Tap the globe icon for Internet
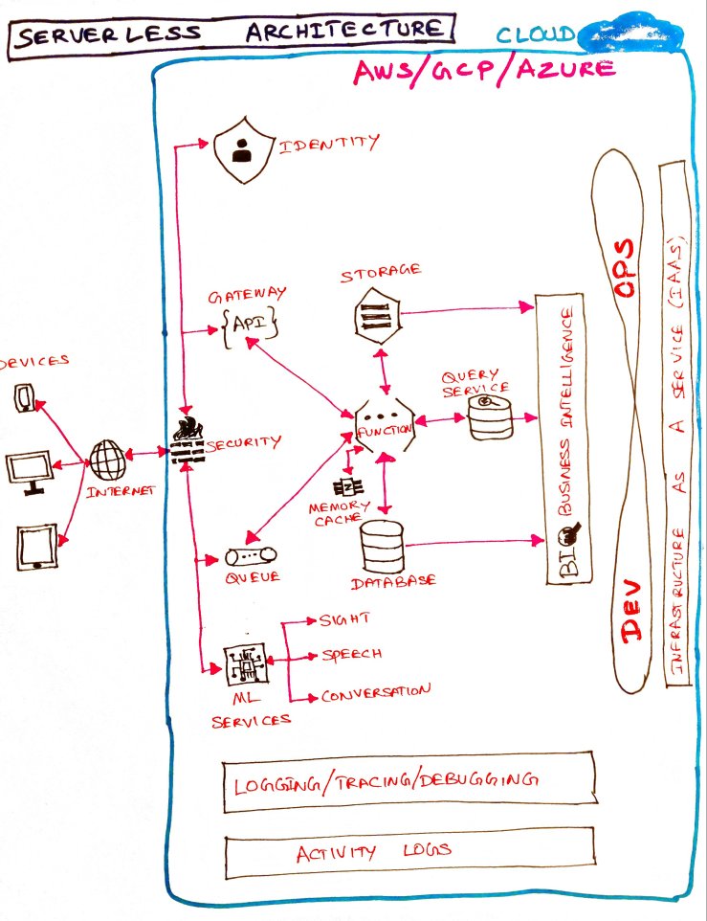(107, 460)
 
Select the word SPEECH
(352, 656)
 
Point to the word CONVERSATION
(375, 692)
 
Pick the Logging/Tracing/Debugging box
(408, 780)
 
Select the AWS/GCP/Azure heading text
(484, 70)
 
